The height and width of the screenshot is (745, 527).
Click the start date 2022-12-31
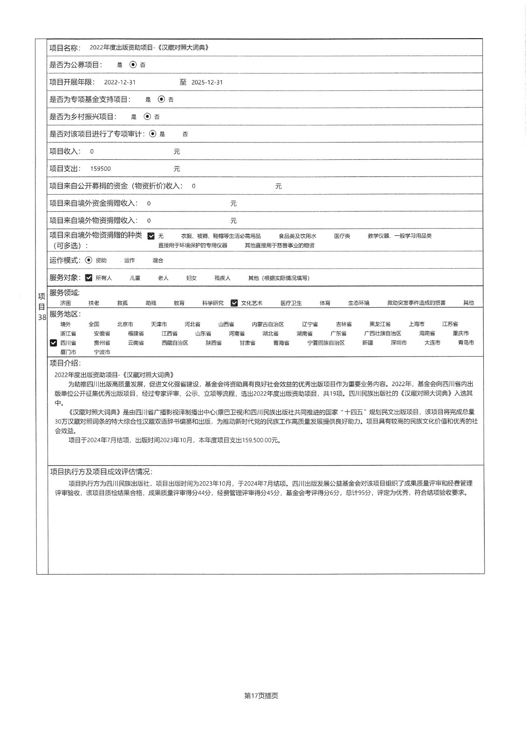[120, 82]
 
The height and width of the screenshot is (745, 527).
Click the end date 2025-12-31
[207, 82]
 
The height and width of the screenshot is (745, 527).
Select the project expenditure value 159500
[101, 169]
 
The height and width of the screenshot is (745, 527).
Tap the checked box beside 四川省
[53, 343]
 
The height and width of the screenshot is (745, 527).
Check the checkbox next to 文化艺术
[234, 303]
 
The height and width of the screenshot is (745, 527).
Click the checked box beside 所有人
[89, 278]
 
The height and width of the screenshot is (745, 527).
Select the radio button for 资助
[89, 261]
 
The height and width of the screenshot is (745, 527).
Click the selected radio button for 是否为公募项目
[133, 65]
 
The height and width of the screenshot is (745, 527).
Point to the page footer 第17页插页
[261, 696]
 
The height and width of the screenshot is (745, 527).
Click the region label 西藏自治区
[174, 343]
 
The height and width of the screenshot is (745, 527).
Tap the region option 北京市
[125, 324]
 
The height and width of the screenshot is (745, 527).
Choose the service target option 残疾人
[222, 278]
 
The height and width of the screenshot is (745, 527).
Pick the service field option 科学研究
[212, 303]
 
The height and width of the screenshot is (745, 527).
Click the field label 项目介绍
[65, 364]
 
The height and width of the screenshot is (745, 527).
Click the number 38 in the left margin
[42, 318]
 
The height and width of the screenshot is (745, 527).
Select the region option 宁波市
[102, 352]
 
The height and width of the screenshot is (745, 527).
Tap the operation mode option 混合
[157, 261]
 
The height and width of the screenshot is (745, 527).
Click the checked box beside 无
[151, 236]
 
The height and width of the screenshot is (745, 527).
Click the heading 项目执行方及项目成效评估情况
[101, 472]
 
